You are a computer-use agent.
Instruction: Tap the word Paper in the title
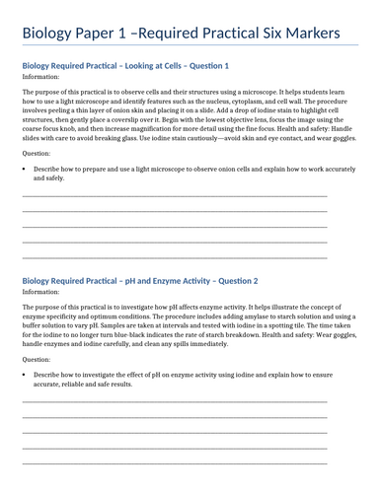102,34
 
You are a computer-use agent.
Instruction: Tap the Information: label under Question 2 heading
40,292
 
